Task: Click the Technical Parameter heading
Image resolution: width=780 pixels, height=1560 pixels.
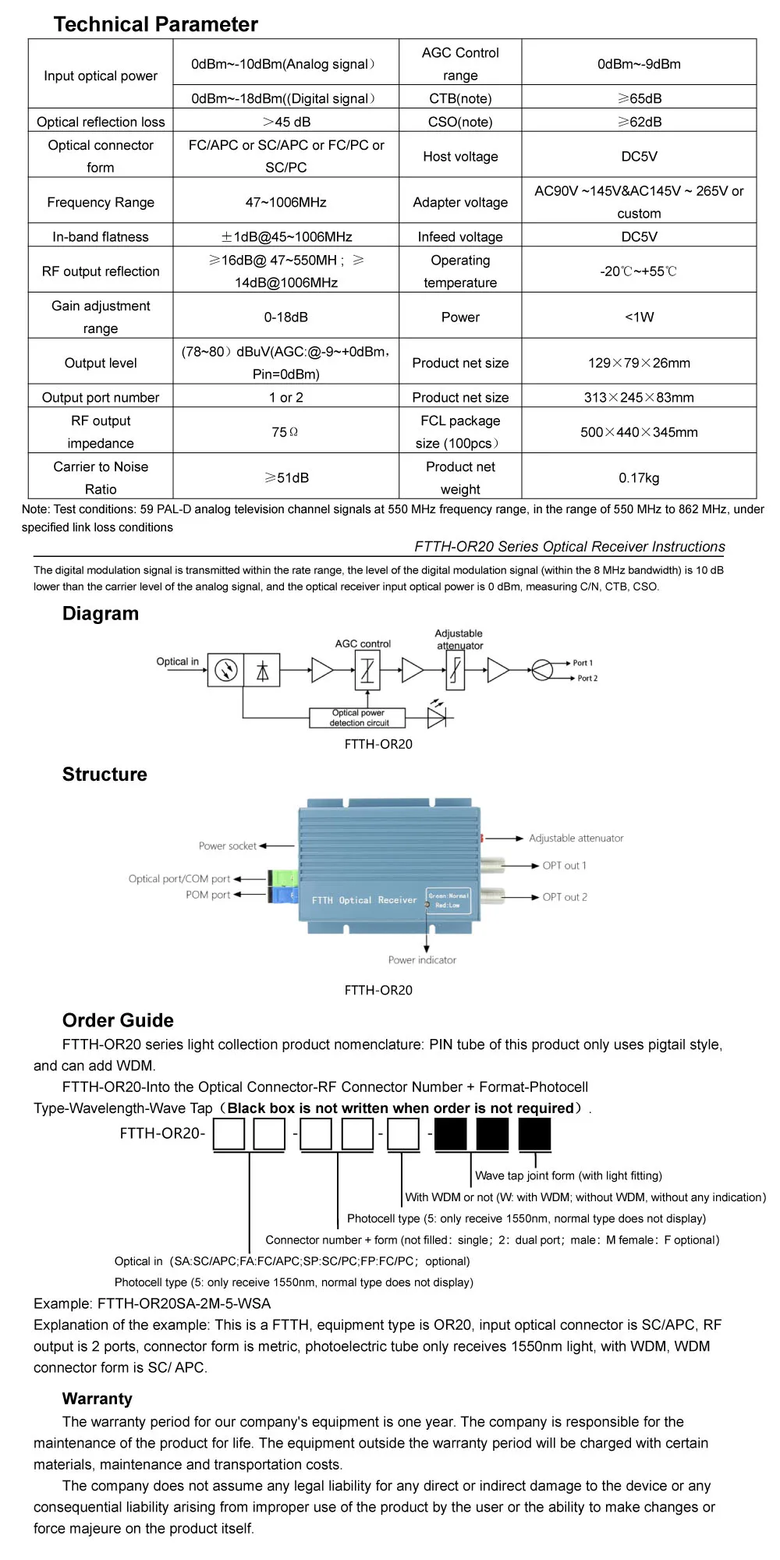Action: (x=155, y=24)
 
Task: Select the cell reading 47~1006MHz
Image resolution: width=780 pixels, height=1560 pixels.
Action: (x=285, y=202)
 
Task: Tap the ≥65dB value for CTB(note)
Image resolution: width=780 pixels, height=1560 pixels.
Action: (x=639, y=98)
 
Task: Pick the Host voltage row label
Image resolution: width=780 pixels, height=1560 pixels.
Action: (x=460, y=156)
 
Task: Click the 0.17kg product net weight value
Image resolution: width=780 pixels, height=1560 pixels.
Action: (x=639, y=477)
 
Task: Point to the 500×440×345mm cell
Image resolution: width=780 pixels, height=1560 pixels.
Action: (x=639, y=432)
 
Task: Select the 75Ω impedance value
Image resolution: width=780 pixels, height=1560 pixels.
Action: (x=285, y=432)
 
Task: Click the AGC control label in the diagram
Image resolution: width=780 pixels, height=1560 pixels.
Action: (x=363, y=643)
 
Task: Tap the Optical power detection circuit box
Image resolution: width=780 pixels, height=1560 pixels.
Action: (x=358, y=718)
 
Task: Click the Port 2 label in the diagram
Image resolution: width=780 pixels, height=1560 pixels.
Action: (x=587, y=679)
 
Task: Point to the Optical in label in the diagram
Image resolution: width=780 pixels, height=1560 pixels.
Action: (x=177, y=661)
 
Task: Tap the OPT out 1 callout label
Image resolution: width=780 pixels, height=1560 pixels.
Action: (x=564, y=866)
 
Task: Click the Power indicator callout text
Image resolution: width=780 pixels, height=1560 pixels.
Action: (x=422, y=960)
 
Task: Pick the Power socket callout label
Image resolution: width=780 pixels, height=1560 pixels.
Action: (x=227, y=846)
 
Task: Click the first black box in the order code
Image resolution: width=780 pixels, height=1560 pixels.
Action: (x=451, y=1134)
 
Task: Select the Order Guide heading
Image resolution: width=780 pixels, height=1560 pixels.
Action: (x=118, y=1020)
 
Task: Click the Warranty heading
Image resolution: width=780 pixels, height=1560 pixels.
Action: (x=97, y=1399)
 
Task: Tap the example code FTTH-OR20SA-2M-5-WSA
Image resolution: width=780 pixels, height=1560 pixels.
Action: (x=184, y=1303)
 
